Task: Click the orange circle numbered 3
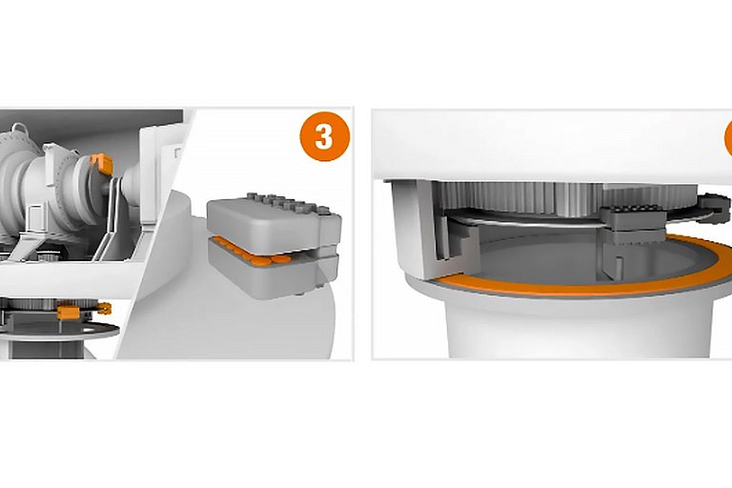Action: click(x=324, y=136)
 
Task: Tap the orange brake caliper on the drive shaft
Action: click(x=102, y=163)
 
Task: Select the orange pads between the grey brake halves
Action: click(x=252, y=253)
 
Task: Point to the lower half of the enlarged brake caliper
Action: click(x=274, y=274)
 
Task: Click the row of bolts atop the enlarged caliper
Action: click(x=286, y=203)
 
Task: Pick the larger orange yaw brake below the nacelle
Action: click(x=69, y=312)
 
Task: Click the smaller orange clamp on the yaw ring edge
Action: click(x=105, y=308)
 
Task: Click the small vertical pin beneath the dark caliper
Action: click(x=620, y=269)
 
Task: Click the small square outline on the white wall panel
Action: click(x=178, y=152)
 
